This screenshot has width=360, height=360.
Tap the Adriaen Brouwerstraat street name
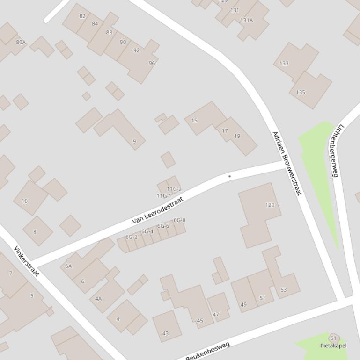(x=287, y=163)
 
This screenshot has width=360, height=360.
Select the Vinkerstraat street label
(x=26, y=261)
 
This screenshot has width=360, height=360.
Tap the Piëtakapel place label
(x=333, y=346)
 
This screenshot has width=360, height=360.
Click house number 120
(x=270, y=205)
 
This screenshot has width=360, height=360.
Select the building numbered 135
(x=301, y=92)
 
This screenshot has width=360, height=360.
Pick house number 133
(x=284, y=63)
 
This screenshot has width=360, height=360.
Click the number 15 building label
(x=194, y=121)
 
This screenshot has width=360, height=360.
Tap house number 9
(x=134, y=141)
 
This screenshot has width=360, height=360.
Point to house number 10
(x=24, y=201)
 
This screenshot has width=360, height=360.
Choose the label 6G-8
(x=179, y=220)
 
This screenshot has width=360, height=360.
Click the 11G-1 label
(x=164, y=196)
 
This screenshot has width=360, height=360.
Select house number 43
(x=165, y=333)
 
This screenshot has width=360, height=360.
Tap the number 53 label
(x=283, y=290)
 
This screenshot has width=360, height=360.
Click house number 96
(x=152, y=63)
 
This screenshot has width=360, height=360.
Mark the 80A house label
(x=21, y=42)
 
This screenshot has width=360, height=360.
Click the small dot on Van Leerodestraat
(x=229, y=176)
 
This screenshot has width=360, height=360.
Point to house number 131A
(x=246, y=20)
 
